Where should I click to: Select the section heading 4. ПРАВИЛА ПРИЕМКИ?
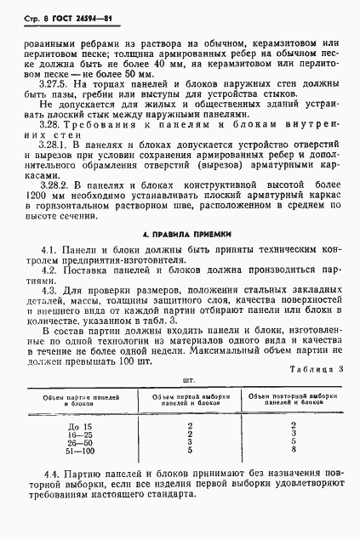tap(184, 233)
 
